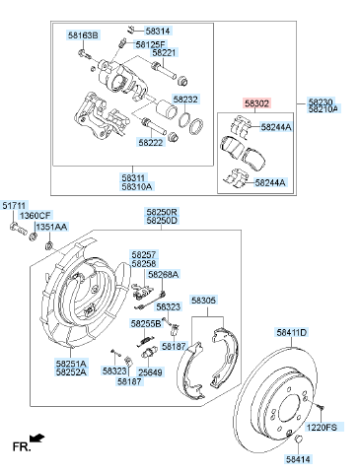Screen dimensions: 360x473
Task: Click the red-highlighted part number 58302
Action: coord(256,103)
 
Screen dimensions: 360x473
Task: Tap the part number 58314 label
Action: coord(158,31)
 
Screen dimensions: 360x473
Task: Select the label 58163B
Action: coord(84,35)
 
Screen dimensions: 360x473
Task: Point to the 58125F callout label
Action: coord(150,44)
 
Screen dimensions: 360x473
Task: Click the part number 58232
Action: coord(185,99)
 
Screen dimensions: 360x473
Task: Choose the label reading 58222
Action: coord(151,142)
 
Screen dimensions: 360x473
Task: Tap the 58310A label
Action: coord(137,186)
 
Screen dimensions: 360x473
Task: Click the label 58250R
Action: coord(162,212)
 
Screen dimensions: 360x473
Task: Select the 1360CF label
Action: coord(36,216)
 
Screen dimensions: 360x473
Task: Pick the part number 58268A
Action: coord(164,274)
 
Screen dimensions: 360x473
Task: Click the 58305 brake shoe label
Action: coord(204,300)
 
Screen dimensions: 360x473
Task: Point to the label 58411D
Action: coord(292,332)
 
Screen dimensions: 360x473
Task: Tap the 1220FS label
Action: coord(322,427)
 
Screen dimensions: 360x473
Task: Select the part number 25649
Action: coord(150,372)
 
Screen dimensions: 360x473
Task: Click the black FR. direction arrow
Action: coord(36,438)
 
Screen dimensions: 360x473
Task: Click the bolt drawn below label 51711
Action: coord(18,228)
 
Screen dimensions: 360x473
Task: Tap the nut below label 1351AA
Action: coord(49,245)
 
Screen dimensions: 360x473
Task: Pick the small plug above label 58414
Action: coord(298,439)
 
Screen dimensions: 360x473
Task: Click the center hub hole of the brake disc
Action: coord(290,409)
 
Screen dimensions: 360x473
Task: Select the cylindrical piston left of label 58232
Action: coord(164,107)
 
